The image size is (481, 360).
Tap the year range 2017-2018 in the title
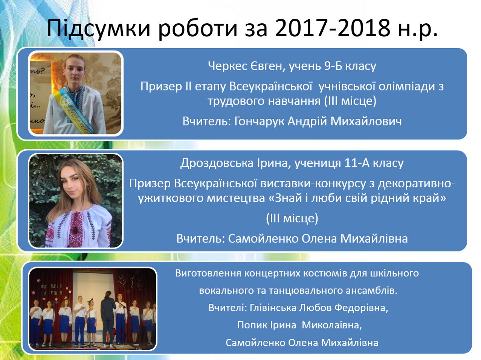pos(333,28)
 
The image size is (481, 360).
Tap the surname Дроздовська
pos(217,163)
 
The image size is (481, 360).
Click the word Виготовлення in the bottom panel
pos(208,273)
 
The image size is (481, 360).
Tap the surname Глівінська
pos(273,308)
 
